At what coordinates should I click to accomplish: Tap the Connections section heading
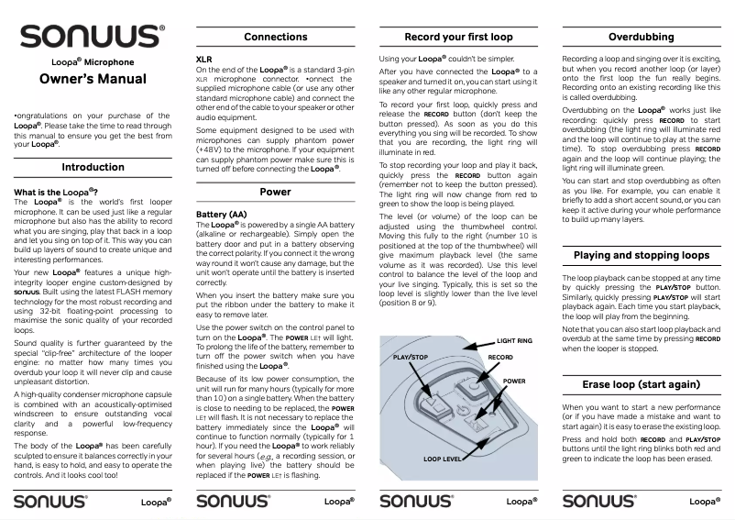tap(275, 37)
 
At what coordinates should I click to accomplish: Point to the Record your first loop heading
tap(458, 37)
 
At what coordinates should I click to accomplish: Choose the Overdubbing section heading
tap(642, 37)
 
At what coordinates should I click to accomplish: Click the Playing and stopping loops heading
tap(642, 255)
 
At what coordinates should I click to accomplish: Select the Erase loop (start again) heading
tap(642, 383)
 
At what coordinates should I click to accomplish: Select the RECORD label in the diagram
tap(500, 356)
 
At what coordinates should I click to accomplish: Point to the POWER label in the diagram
tap(514, 380)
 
